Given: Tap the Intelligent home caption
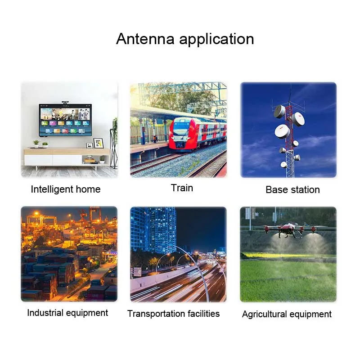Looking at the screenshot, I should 66,189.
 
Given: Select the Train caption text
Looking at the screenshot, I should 182,188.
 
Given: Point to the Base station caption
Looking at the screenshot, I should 292,189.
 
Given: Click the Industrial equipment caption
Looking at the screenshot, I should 67,313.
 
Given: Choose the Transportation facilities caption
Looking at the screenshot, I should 174,314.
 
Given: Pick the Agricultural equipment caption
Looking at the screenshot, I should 287,315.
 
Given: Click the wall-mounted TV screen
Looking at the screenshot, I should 65,120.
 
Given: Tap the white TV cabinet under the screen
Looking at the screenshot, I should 54,159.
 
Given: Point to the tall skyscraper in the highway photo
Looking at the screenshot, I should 162,229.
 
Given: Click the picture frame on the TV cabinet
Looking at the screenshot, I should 98,143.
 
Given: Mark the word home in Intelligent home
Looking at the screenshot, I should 89,189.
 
